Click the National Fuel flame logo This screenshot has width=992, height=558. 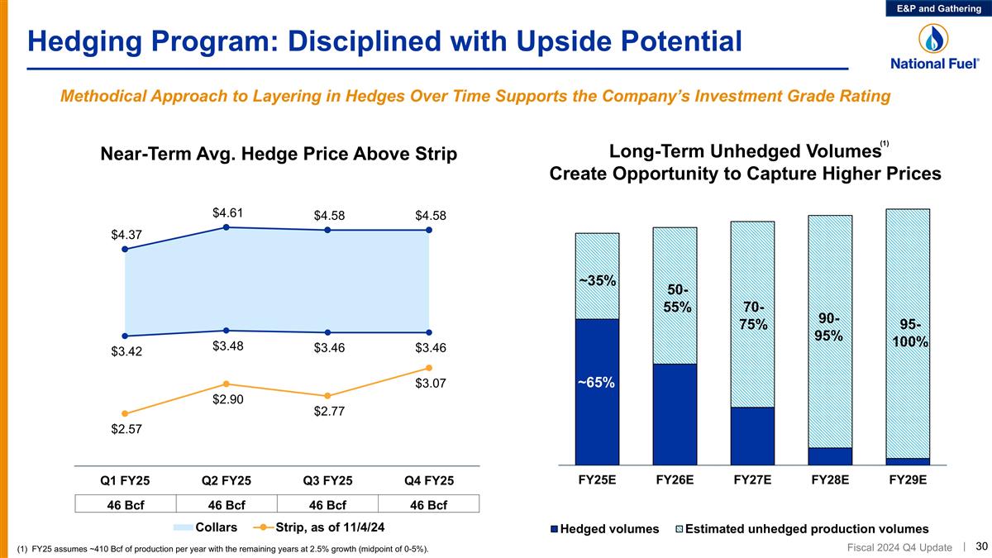coord(934,38)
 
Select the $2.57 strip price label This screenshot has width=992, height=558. coord(126,429)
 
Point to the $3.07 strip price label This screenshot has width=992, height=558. coord(429,384)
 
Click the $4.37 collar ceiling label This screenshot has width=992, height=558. coord(126,235)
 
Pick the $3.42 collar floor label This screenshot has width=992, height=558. coord(126,351)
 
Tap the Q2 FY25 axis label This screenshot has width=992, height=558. coord(227,481)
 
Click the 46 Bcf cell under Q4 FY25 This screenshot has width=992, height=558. coord(428,505)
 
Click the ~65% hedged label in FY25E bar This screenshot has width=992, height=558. coord(597,383)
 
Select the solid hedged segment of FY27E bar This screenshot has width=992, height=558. coord(752,436)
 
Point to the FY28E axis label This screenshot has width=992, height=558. coord(830,480)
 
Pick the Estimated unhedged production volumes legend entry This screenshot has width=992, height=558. coord(802,528)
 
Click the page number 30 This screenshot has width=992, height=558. coord(982,545)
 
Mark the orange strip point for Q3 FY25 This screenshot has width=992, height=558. coord(327,396)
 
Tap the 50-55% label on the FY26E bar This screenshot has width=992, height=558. coord(675,298)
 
